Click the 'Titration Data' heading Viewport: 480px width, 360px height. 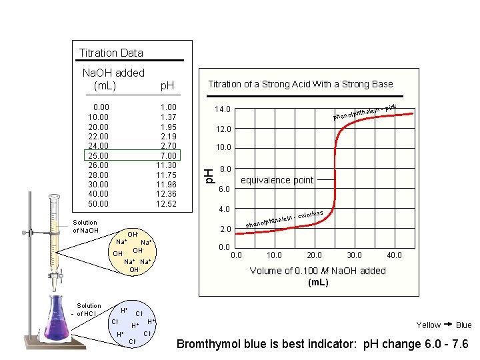click(x=111, y=53)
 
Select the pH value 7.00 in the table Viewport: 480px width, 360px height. click(x=166, y=155)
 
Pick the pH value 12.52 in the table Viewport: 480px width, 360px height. click(x=166, y=203)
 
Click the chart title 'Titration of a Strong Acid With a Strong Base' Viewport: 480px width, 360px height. click(x=300, y=84)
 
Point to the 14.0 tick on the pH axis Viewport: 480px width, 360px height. click(x=222, y=109)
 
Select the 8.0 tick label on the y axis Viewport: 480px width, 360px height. click(x=224, y=169)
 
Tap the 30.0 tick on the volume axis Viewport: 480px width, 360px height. click(x=354, y=255)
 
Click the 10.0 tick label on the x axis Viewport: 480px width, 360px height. click(x=274, y=255)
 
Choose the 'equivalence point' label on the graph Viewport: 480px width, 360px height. click(x=277, y=180)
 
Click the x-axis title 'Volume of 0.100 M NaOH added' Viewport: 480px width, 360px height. click(x=317, y=271)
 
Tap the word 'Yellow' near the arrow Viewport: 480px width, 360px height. click(x=428, y=325)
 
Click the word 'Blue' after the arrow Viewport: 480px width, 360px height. click(x=463, y=325)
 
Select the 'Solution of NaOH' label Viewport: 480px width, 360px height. click(x=85, y=227)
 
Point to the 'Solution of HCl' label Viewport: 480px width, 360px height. click(x=89, y=309)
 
